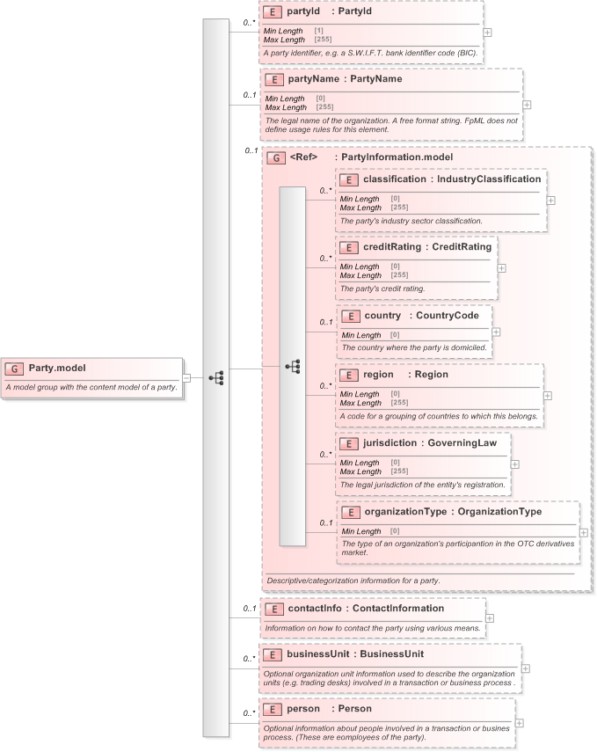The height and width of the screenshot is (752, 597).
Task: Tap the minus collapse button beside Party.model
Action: coord(186,378)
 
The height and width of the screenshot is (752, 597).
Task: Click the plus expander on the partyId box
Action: coord(487,32)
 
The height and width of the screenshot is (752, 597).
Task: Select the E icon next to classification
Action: coord(348,179)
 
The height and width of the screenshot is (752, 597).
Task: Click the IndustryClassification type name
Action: coord(490,179)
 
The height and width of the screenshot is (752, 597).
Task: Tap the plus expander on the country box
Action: coord(496,332)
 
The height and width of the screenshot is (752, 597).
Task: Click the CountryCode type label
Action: coord(448,315)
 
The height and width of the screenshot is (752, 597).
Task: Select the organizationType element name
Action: coord(404,512)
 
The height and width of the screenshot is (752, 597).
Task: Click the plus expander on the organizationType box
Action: coord(584,533)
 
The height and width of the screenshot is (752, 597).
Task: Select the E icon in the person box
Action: coord(272,708)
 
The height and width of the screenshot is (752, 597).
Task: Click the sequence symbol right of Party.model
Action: coord(217,378)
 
